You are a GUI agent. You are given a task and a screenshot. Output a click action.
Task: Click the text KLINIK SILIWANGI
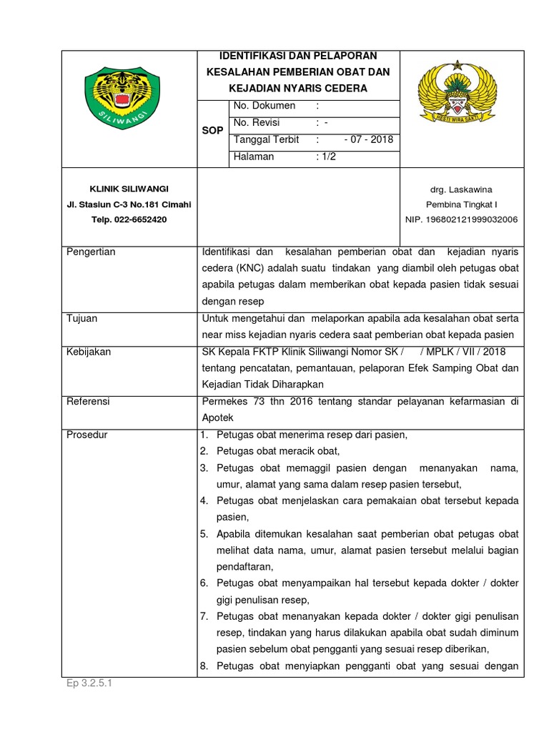point(129,189)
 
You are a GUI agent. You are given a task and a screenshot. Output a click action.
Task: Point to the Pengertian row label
point(91,252)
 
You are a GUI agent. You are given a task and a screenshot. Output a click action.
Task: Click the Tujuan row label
point(81,319)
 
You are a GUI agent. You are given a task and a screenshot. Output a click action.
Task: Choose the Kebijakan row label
point(89,352)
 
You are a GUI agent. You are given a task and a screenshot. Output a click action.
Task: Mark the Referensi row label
point(88,402)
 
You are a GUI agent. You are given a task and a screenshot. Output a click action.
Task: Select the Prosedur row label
point(86,435)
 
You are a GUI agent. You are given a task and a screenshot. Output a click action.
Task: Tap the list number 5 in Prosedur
point(204,534)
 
